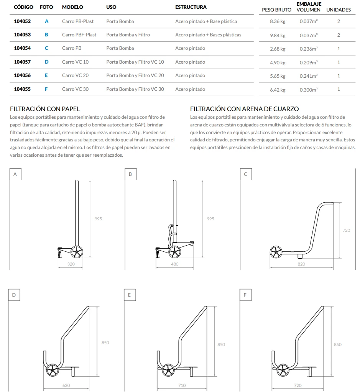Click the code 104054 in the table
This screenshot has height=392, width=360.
coord(22,48)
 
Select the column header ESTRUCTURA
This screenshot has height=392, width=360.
coord(191,7)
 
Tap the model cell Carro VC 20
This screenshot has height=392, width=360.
coord(75,75)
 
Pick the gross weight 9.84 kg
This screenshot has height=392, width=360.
coord(278,36)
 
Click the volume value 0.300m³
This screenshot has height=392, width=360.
coord(309,90)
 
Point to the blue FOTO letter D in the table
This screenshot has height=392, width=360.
coord(46,62)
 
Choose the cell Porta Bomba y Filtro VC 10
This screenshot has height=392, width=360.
coord(135,62)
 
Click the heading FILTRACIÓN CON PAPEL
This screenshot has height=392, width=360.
coord(45,109)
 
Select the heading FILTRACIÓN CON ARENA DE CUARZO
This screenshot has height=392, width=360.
coord(244,109)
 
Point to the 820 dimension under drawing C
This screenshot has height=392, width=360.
coord(301,264)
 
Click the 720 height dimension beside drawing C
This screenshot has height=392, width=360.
coord(346,230)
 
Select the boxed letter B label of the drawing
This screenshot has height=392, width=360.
coord(130,174)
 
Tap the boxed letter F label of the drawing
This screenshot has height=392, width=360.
coord(245,295)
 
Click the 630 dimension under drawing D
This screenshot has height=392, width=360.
coord(66,385)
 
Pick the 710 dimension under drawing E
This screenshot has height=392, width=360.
coord(182,385)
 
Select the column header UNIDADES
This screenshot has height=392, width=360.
coord(339,10)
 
